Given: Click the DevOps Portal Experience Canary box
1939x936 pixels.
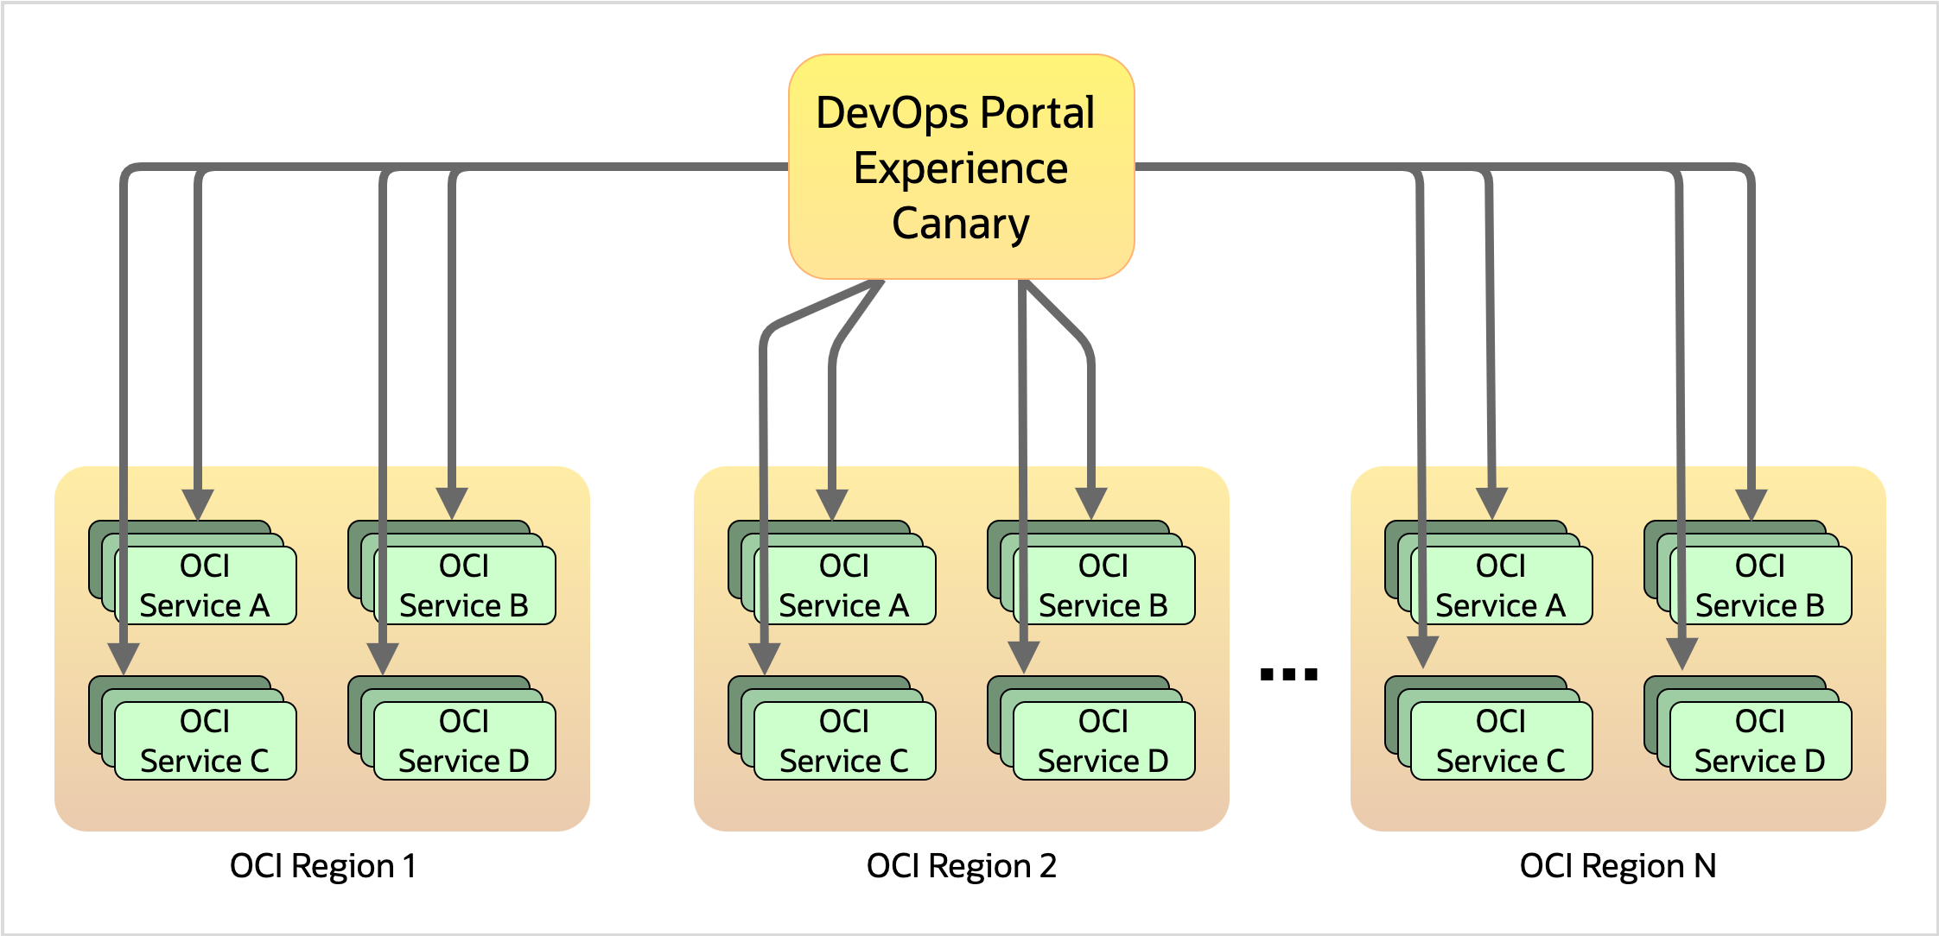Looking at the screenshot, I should click(x=961, y=167).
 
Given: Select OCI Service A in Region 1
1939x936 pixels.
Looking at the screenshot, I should click(x=206, y=585).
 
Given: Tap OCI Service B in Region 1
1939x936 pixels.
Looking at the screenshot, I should click(x=465, y=585).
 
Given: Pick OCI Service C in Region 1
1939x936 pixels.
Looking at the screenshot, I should click(x=206, y=741).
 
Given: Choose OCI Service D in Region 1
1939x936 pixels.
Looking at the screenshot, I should click(x=465, y=741).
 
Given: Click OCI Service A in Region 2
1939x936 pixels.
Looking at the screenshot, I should click(x=845, y=585).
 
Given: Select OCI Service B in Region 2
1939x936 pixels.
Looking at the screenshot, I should click(x=1104, y=585).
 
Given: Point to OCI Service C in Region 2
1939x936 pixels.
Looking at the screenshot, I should click(x=845, y=741).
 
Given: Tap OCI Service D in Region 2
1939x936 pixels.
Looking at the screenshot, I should click(x=1104, y=741).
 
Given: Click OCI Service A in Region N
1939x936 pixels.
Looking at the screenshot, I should click(x=1502, y=585).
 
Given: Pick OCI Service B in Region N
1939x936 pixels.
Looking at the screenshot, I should click(x=1761, y=585).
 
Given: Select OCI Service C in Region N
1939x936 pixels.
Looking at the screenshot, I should click(x=1502, y=741).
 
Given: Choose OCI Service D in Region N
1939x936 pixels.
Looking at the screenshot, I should click(x=1761, y=741).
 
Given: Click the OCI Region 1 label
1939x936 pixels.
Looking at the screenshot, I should click(x=323, y=866).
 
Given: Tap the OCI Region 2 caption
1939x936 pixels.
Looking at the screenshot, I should click(x=962, y=866).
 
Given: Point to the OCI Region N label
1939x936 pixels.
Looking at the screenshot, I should click(x=1618, y=866).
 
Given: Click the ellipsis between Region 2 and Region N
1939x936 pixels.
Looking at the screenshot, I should click(x=1288, y=674).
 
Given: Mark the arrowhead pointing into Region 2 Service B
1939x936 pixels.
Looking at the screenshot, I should click(x=1091, y=503).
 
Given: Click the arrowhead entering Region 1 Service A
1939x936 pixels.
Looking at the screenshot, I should click(x=198, y=503).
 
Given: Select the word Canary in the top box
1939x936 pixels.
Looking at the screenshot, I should click(x=961, y=224).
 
